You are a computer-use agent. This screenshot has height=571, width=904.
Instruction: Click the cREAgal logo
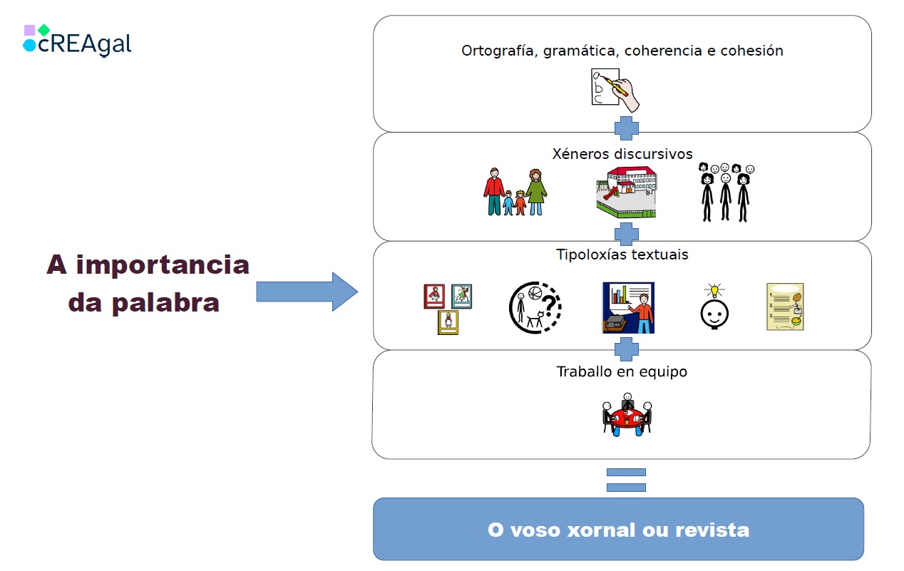click(x=77, y=41)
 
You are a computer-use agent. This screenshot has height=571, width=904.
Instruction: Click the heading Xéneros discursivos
click(x=622, y=155)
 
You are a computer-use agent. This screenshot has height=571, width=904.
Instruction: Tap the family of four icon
click(x=515, y=192)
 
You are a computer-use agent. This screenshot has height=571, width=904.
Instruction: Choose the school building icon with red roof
click(x=626, y=192)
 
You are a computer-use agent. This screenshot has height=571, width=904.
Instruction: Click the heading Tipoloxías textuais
click(x=622, y=255)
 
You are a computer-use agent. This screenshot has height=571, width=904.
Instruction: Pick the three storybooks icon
click(x=448, y=309)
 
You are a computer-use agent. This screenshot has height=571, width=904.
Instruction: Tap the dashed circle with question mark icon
click(x=535, y=307)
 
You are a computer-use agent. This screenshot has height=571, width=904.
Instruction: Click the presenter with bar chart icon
click(x=628, y=308)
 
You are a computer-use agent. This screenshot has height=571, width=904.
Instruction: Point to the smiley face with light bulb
click(x=713, y=307)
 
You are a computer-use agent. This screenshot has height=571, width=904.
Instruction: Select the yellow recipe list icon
click(x=785, y=307)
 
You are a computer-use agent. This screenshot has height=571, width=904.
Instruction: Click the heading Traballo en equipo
click(x=622, y=372)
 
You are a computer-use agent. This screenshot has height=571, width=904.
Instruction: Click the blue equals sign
click(x=626, y=480)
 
